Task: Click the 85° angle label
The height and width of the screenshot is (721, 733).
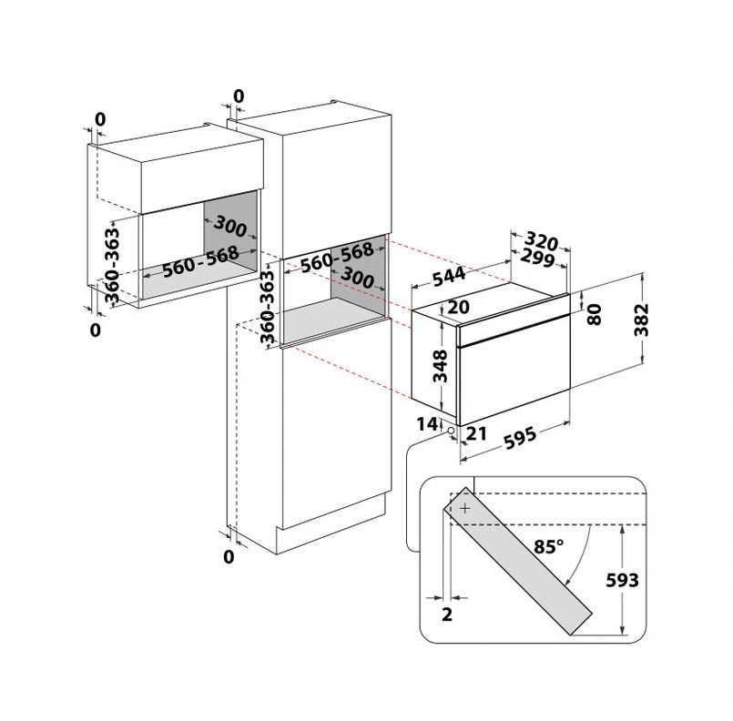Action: (549, 547)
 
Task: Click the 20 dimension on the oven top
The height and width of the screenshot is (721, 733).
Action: (458, 308)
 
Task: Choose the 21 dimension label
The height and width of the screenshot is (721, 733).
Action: (474, 434)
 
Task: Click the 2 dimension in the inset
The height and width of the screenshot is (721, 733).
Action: (446, 614)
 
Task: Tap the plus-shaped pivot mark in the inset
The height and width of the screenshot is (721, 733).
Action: (465, 508)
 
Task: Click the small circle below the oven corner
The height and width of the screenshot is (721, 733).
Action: (450, 428)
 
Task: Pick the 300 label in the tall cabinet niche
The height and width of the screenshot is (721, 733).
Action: (356, 280)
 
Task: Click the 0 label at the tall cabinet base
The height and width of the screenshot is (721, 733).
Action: (229, 555)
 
